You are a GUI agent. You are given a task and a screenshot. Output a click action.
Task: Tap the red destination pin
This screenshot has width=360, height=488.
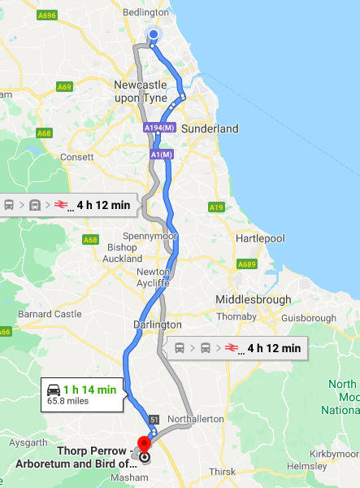pyautogui.click(x=145, y=445)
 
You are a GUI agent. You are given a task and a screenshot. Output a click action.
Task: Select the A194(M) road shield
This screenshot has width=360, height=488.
pyautogui.click(x=158, y=128)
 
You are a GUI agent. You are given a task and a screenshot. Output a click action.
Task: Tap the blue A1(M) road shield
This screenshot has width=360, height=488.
pyautogui.click(x=162, y=154)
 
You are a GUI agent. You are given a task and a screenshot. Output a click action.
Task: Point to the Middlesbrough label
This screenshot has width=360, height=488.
pyautogui.click(x=253, y=299)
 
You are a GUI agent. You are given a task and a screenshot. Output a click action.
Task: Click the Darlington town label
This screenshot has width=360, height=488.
pyautogui.click(x=158, y=324)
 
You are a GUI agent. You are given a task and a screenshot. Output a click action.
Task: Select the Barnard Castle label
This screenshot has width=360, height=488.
pyautogui.click(x=55, y=313)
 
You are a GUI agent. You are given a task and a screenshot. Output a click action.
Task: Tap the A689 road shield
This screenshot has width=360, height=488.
pyautogui.click(x=245, y=264)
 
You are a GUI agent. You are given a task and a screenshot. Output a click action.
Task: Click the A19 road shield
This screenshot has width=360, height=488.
pyautogui.click(x=216, y=207)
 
